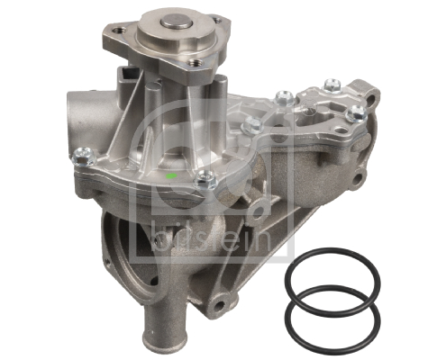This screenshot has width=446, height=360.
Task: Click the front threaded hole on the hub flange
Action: coord(187,65)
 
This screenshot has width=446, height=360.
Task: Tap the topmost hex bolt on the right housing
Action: coord(281,94)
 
